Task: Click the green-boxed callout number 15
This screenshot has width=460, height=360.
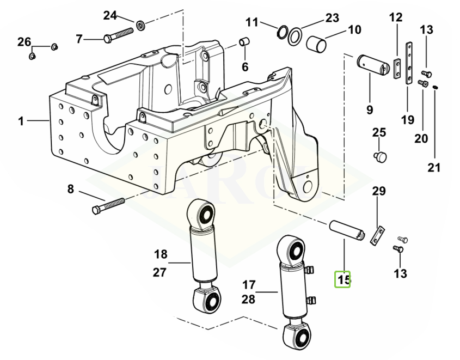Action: [x=342, y=279]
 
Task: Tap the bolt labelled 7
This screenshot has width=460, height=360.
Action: [x=119, y=35]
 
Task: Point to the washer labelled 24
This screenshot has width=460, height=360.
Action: [x=141, y=26]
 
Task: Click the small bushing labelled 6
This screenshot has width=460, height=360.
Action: [x=244, y=41]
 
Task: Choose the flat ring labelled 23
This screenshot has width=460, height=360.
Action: [x=295, y=36]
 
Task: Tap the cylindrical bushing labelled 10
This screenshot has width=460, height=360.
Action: [x=316, y=44]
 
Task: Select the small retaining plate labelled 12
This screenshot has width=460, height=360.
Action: [x=397, y=69]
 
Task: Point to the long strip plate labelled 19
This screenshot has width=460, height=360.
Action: [x=409, y=63]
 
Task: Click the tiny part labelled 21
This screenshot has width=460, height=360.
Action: [x=436, y=87]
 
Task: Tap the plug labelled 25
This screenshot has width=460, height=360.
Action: [x=380, y=156]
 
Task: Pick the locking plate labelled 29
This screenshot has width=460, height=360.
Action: [x=377, y=236]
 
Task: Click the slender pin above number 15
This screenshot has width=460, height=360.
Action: [x=347, y=230]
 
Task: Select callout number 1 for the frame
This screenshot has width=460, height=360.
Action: [x=21, y=121]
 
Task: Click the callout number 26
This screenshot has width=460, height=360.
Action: [x=24, y=42]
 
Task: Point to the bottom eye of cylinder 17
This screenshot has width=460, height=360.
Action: [x=297, y=336]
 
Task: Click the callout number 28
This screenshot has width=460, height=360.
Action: [x=248, y=299]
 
